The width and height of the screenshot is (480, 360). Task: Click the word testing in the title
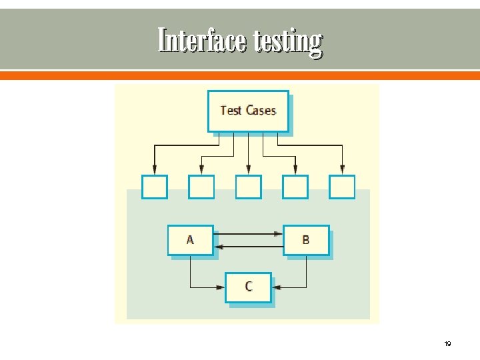coord(287,42)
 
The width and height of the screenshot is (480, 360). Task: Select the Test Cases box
coord(248,111)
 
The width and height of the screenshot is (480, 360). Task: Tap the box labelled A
coord(190,240)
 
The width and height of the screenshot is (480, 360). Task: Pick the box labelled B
coord(306,240)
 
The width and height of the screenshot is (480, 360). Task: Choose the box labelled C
coord(248,287)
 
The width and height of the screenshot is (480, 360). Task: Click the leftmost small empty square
coord(155,187)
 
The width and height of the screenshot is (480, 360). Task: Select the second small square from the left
coord(201,187)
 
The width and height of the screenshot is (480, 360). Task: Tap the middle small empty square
coord(249,187)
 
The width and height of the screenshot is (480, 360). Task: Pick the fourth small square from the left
coord(295,187)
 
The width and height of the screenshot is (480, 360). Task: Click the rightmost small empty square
coord(343,187)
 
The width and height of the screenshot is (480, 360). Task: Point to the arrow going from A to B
coord(248,234)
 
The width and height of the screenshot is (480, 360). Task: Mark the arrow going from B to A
coord(248,247)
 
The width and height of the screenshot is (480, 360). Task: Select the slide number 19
coord(447,344)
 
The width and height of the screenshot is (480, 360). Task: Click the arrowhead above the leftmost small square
coord(155,169)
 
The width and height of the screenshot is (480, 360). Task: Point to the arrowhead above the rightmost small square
coord(343,169)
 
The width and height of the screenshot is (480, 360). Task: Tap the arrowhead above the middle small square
coord(249,169)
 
